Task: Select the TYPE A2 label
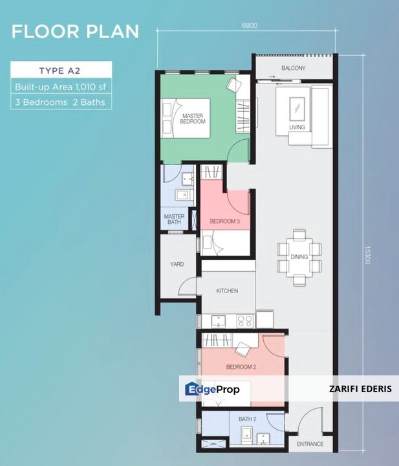(x=61, y=71)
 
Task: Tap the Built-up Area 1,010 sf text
(x=61, y=86)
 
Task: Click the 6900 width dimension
(x=250, y=25)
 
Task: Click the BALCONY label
(x=293, y=68)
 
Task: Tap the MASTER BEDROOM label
(x=193, y=118)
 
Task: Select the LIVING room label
(x=297, y=127)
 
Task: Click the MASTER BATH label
(x=174, y=219)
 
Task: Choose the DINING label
(x=299, y=257)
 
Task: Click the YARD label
(x=177, y=264)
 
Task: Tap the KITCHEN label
(x=227, y=291)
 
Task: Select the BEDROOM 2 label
(x=241, y=367)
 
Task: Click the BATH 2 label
(x=246, y=419)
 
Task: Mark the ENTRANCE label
(x=310, y=444)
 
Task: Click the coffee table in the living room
(x=298, y=105)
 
